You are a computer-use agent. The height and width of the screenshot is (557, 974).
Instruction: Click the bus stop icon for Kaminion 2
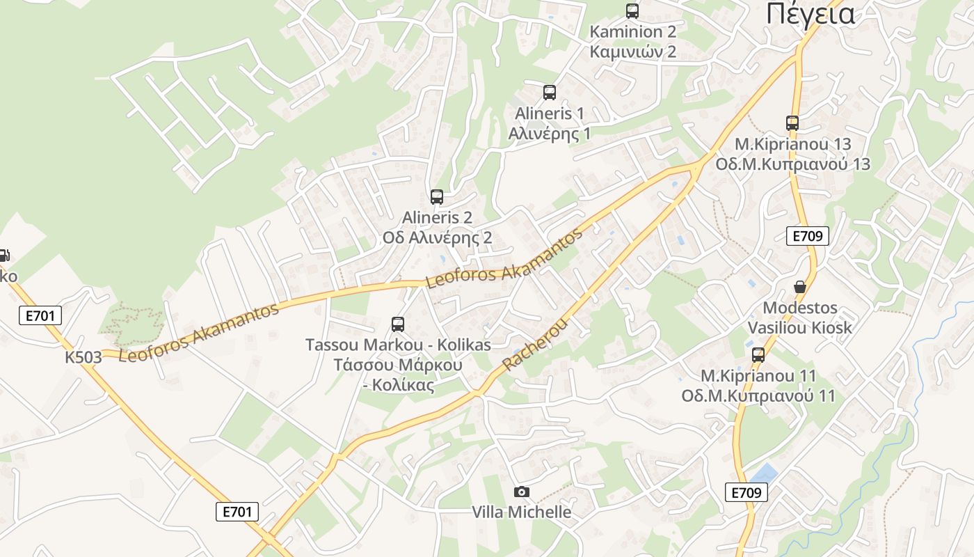632,10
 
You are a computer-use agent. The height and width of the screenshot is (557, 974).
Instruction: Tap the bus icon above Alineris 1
550,92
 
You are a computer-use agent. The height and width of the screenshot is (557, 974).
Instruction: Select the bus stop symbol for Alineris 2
437,197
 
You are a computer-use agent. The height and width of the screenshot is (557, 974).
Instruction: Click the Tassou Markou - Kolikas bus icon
398,324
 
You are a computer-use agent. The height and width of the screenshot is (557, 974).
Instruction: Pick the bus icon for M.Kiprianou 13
792,123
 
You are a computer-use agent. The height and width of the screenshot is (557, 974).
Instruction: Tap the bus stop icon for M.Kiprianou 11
758,354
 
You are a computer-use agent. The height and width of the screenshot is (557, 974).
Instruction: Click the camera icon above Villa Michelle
521,492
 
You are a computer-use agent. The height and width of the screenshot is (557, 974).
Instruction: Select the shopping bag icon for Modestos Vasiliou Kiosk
800,287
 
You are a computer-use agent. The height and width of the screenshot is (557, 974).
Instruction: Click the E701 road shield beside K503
40,315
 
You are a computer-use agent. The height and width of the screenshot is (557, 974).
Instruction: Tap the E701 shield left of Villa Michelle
237,512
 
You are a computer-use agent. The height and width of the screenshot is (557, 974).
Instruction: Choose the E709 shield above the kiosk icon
808,236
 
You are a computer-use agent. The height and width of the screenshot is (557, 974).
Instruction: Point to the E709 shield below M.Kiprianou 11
747,492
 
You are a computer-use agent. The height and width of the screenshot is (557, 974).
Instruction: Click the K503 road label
83,357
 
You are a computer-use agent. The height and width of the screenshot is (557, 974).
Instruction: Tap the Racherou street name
535,345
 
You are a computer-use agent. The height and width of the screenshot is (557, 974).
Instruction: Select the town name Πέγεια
811,14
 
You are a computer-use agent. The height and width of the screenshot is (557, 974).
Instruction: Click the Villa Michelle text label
522,512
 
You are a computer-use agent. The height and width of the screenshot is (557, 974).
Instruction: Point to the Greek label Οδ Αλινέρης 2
437,237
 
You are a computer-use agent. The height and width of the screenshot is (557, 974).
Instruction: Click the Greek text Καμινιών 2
633,52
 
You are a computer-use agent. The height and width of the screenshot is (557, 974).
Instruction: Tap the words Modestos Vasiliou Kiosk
800,317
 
